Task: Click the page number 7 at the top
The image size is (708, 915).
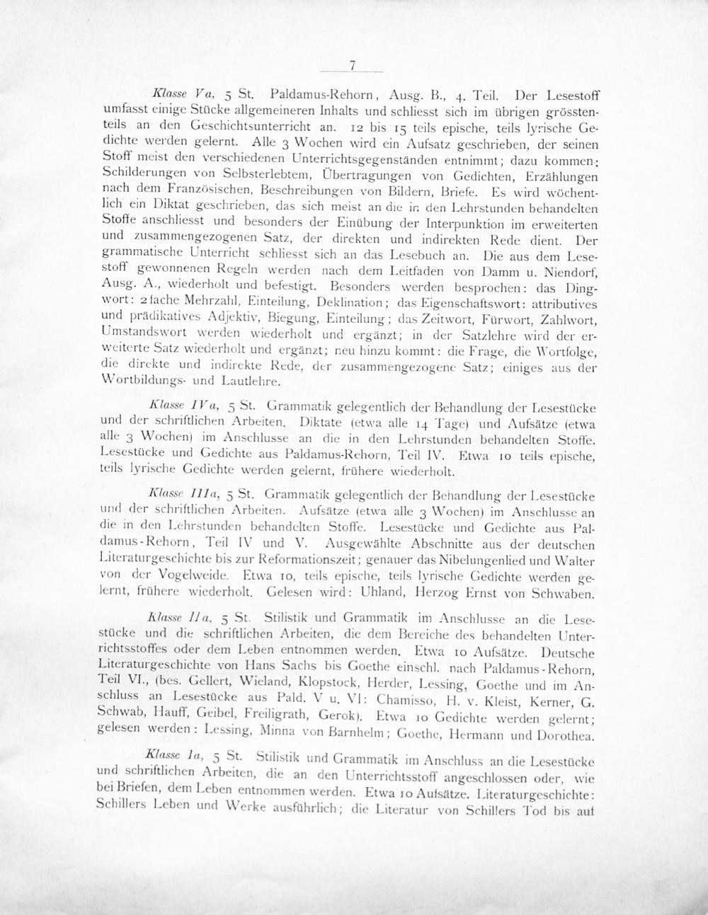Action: [x=352, y=66]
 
